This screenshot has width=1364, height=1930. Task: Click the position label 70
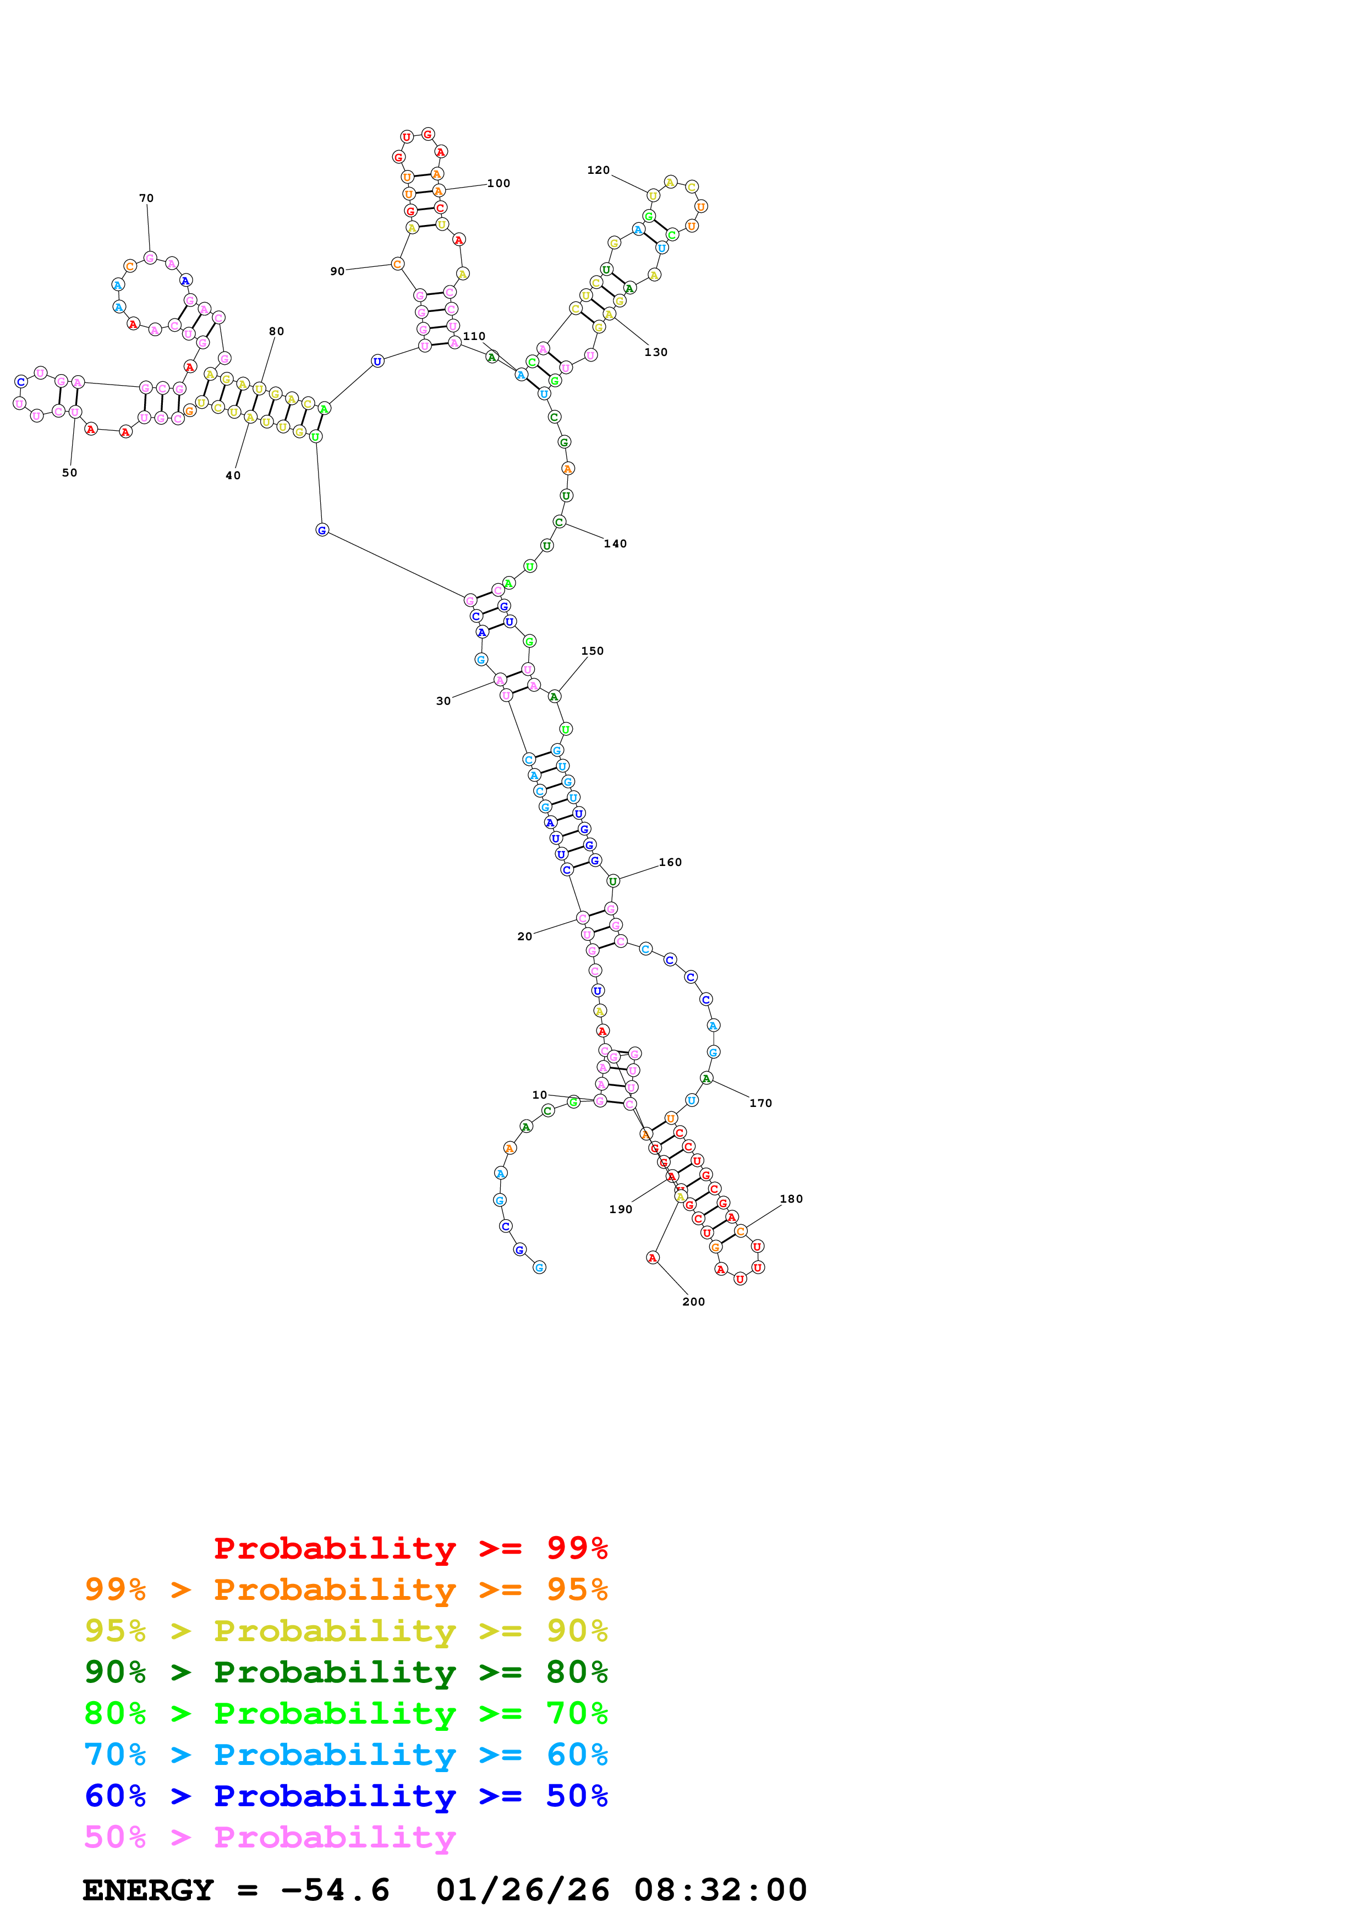click(146, 199)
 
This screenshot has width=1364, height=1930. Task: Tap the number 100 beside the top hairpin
click(499, 183)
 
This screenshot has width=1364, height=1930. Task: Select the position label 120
click(599, 170)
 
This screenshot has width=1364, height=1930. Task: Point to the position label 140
click(615, 544)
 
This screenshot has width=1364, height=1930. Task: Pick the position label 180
click(791, 1199)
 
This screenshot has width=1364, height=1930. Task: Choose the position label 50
click(70, 473)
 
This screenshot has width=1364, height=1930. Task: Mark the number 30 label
click(443, 700)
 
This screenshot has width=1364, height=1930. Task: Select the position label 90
click(337, 272)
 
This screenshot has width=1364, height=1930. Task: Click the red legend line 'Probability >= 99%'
click(410, 1548)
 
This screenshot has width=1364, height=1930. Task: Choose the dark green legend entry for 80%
click(346, 1672)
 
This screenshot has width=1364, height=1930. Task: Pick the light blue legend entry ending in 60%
click(346, 1754)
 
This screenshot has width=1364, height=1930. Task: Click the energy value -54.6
click(335, 1890)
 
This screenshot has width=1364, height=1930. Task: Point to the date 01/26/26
click(522, 1890)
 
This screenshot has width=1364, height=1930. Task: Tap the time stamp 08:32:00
click(720, 1890)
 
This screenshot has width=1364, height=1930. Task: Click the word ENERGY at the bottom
click(148, 1890)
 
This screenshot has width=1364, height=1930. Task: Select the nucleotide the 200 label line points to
click(652, 1258)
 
